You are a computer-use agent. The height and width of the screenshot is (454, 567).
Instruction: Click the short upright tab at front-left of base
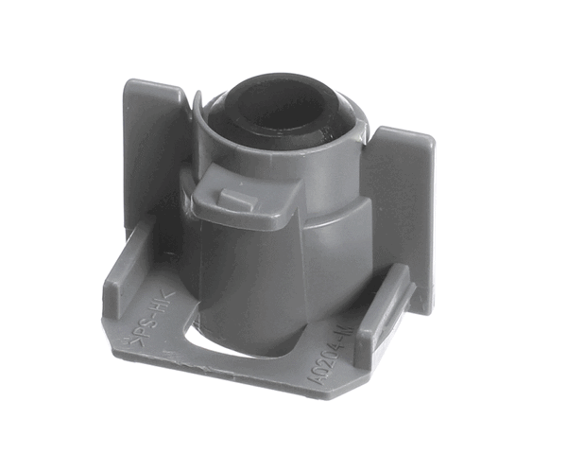point(123,274)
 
